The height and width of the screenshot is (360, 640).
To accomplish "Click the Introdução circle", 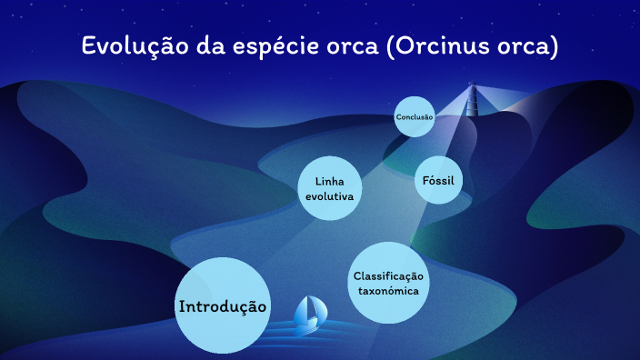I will click(x=223, y=305).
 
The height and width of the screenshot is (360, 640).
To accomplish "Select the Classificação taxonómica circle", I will click(x=388, y=283).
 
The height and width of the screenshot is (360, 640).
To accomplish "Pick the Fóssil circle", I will click(x=438, y=180).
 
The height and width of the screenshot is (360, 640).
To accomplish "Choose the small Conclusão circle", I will click(x=415, y=117).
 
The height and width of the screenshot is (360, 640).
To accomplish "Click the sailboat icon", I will click(x=308, y=315).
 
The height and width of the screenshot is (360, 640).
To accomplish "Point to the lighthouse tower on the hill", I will click(x=472, y=100).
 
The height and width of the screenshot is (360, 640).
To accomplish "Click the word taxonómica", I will click(x=388, y=291).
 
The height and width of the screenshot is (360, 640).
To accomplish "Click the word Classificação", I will click(x=388, y=275).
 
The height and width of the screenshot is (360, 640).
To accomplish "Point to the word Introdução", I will click(x=223, y=307).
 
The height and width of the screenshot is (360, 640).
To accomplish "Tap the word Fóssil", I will click(x=438, y=180).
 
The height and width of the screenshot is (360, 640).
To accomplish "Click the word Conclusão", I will click(x=415, y=117).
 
